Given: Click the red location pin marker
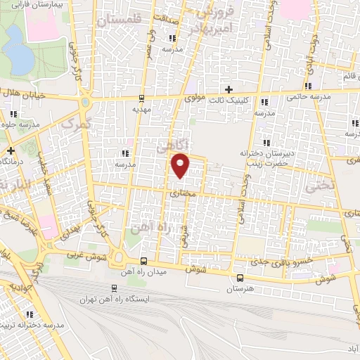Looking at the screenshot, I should (x=181, y=166).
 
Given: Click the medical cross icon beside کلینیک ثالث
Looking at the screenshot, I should (x=228, y=89).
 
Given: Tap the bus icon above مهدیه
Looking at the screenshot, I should (x=141, y=98).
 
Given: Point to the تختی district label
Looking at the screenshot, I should (x=318, y=186).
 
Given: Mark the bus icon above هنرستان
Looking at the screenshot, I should (x=240, y=278).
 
